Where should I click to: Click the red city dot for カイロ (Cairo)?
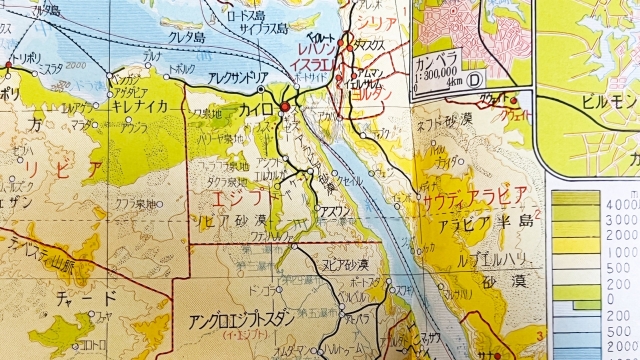click(x=284, y=105)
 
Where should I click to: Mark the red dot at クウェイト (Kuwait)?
click(x=515, y=100)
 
